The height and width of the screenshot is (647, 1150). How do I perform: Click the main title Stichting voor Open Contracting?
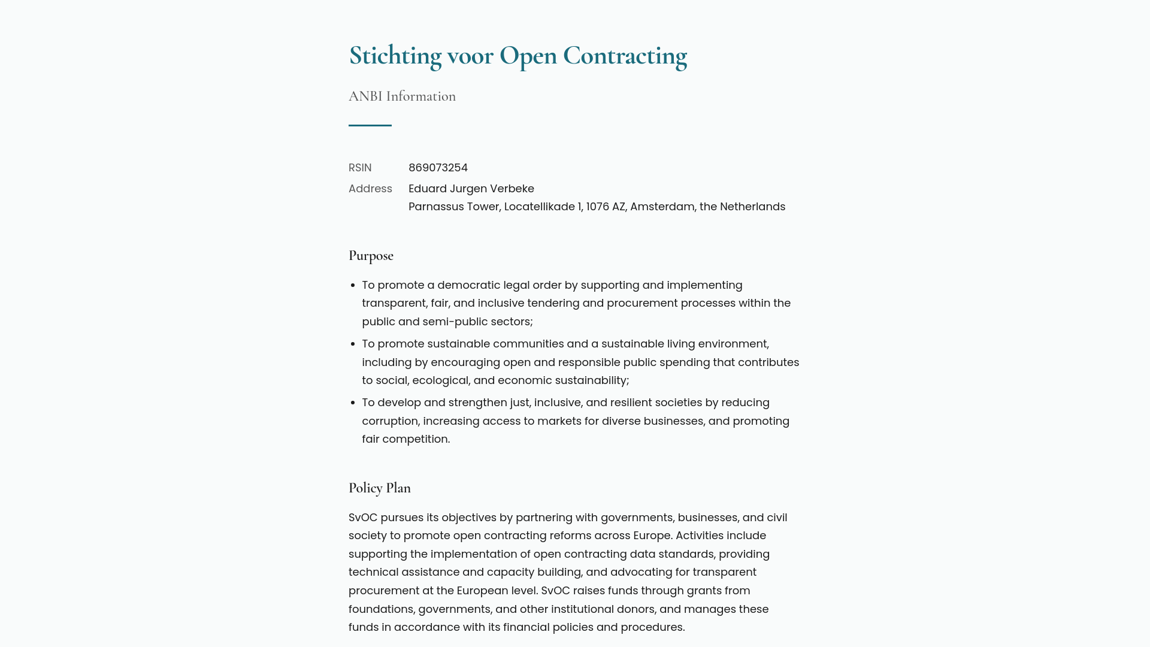tap(517, 56)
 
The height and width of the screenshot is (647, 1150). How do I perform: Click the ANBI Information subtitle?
tap(402, 96)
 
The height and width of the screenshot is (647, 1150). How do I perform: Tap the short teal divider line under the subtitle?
tap(370, 125)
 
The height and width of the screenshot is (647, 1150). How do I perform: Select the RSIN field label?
tap(360, 168)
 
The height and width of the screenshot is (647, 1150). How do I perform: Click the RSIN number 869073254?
tap(438, 168)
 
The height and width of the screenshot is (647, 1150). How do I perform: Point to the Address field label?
tap(370, 189)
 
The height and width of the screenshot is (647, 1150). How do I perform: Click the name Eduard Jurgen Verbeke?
tap(471, 189)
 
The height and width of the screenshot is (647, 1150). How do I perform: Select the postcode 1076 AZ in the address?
tap(605, 207)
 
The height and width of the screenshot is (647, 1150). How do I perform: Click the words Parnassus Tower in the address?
tap(453, 207)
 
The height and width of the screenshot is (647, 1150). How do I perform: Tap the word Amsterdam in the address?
tap(662, 207)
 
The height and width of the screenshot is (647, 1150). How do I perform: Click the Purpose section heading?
tap(371, 256)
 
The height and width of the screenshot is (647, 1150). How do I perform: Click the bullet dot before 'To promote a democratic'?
tap(354, 286)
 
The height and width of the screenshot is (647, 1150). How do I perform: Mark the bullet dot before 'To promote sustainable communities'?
tap(354, 344)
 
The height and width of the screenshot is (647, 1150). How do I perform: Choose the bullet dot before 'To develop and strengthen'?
tap(354, 403)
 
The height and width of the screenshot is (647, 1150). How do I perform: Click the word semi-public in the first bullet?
tap(455, 322)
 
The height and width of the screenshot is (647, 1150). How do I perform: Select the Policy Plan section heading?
tap(379, 488)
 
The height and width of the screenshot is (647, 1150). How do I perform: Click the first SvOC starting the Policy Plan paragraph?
tap(363, 518)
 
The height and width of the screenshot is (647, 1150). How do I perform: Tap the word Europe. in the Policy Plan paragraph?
tap(652, 536)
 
